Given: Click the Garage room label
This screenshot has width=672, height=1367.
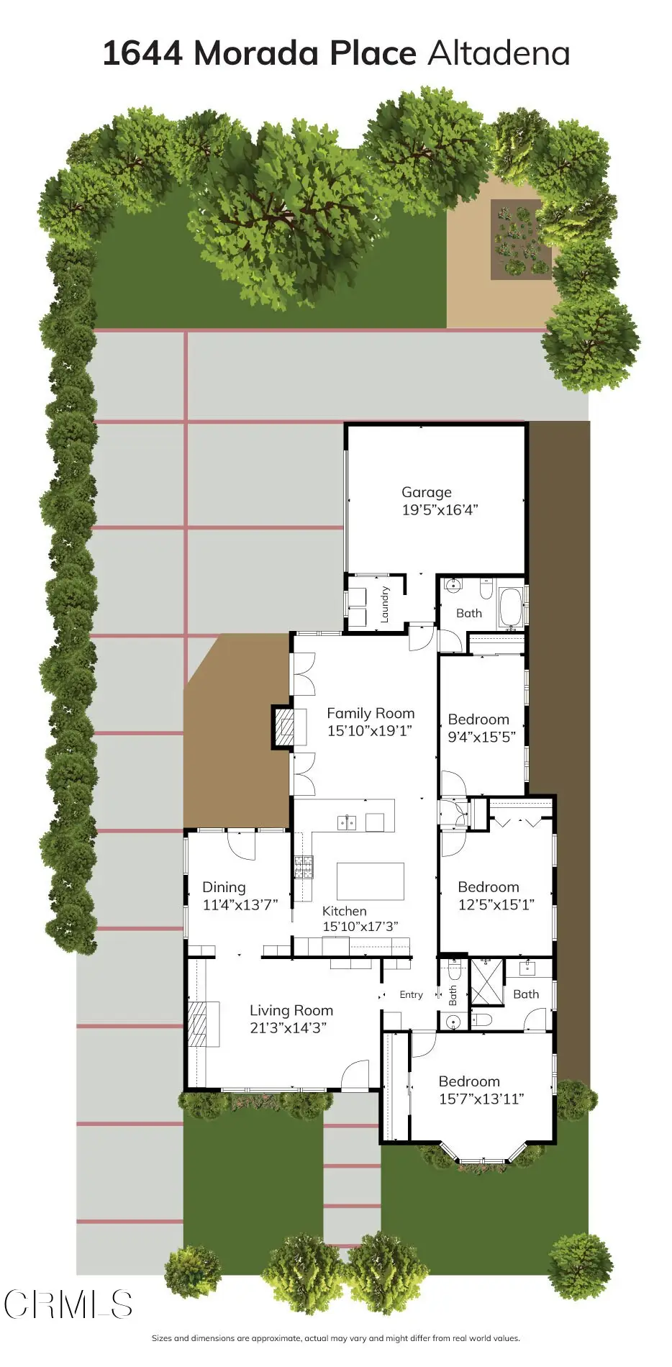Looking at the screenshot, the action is click(427, 492).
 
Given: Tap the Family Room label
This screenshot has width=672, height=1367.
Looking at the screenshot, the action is click(371, 713).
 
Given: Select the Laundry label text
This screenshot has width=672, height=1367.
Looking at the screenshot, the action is click(385, 604).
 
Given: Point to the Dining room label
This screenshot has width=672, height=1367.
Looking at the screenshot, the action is click(224, 887).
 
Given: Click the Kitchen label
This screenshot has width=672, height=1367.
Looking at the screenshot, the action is click(344, 911).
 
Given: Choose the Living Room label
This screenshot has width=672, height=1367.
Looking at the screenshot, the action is click(291, 1010).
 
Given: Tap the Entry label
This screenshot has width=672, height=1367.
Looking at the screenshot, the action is click(412, 994).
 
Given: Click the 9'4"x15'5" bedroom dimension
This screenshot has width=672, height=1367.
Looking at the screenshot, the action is click(482, 737).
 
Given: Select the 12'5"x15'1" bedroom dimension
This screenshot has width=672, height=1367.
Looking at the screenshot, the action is click(496, 904).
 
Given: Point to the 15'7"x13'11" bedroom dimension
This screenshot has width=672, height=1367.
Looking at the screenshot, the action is click(481, 1099).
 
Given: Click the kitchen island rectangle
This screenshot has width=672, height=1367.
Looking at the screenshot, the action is click(371, 881).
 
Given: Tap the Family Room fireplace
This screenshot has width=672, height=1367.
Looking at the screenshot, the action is click(284, 727).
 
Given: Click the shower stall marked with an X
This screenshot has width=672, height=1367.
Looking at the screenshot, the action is click(486, 981).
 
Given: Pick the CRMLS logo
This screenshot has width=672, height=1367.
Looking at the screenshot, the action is click(68, 1304).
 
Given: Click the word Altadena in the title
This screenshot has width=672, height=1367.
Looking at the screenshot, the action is click(499, 53).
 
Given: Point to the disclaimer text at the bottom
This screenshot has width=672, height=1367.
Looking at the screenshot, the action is click(335, 1338).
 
